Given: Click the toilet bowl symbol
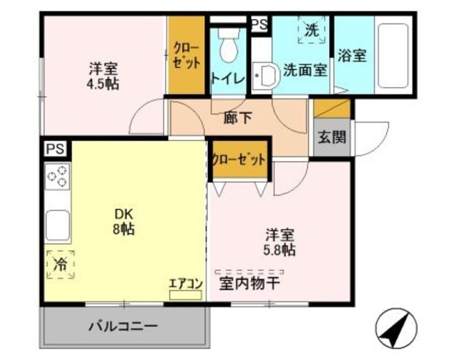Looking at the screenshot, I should point(229,47).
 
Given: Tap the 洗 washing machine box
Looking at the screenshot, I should point(311,31).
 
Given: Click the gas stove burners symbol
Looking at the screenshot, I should point(57,176).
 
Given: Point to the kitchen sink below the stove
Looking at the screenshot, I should point(57,225).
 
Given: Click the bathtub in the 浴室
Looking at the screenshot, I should point(393,56).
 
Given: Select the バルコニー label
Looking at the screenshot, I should point(123,326).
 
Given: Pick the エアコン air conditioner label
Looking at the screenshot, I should point(186,283).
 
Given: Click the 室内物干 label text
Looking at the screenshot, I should point(249,284).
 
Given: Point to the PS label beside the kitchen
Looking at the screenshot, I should point(54,149).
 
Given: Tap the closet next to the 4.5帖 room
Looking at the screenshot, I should point(187,56).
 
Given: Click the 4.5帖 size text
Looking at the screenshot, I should point(103,83).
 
